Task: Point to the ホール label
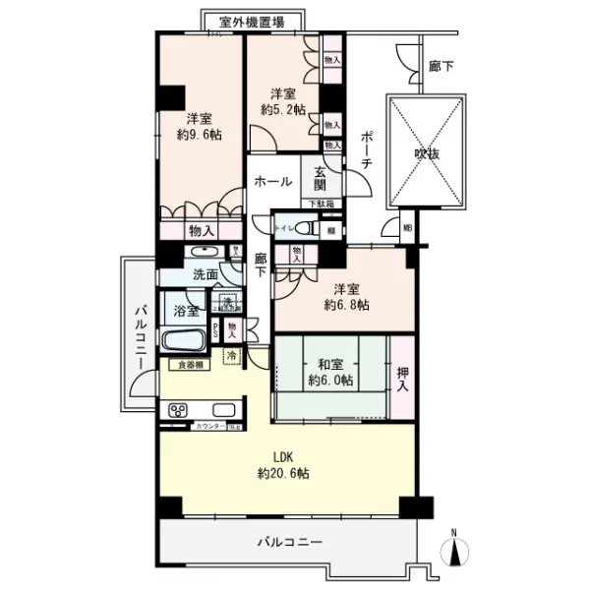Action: (x=271, y=182)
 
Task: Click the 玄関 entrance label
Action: (x=321, y=177)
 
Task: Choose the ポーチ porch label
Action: (x=364, y=149)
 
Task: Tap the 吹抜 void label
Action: (x=427, y=153)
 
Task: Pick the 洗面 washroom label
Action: (x=205, y=274)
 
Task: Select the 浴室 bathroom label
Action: (x=187, y=311)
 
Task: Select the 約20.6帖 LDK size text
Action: (x=283, y=473)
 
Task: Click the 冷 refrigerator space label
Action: (x=232, y=355)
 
